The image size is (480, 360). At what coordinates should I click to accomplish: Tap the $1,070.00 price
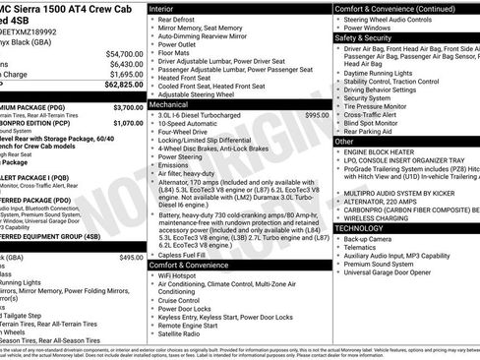[128, 123]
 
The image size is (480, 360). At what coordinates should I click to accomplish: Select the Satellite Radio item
[187, 333]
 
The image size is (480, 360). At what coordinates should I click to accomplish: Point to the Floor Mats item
[178, 54]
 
